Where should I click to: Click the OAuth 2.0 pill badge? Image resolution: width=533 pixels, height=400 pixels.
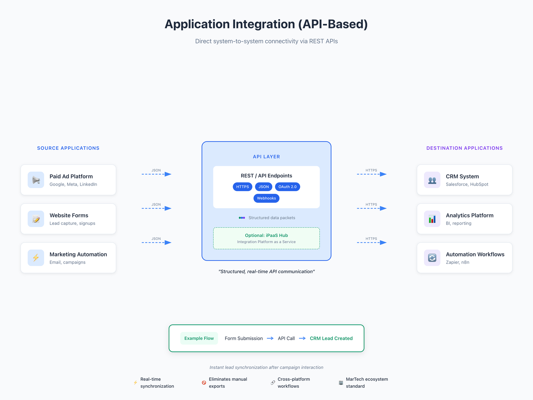[287, 187]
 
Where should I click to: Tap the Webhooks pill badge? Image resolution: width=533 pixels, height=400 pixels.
[266, 198]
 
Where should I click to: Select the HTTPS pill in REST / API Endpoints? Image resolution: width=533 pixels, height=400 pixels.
[243, 187]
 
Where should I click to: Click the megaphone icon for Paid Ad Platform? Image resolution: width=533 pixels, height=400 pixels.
[36, 180]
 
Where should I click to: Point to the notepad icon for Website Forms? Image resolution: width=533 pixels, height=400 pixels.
[36, 219]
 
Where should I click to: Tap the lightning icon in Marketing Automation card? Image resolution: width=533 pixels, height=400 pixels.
[36, 258]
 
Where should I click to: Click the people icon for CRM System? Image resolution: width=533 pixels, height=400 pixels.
[432, 180]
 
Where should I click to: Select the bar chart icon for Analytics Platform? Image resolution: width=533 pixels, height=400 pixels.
[432, 219]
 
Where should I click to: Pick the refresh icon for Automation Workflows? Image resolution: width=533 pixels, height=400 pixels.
[432, 258]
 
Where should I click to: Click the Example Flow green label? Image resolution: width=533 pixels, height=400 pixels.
[199, 338]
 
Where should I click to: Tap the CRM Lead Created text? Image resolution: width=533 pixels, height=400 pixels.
[331, 338]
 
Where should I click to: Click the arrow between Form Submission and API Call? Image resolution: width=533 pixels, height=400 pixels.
[270, 338]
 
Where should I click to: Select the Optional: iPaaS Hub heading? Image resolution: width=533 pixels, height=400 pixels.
[266, 235]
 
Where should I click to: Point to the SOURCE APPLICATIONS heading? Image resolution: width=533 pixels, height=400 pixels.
[68, 148]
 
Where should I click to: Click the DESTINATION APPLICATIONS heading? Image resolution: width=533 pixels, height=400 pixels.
[464, 148]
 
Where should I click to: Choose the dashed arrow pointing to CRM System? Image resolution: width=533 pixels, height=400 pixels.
[372, 174]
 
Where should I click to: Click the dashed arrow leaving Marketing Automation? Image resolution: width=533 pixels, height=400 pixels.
[156, 243]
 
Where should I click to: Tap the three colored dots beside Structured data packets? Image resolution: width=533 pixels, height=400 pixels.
[242, 218]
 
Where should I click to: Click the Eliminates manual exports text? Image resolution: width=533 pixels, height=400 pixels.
[228, 383]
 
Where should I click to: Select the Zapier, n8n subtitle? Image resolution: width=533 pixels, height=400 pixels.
[457, 262]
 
